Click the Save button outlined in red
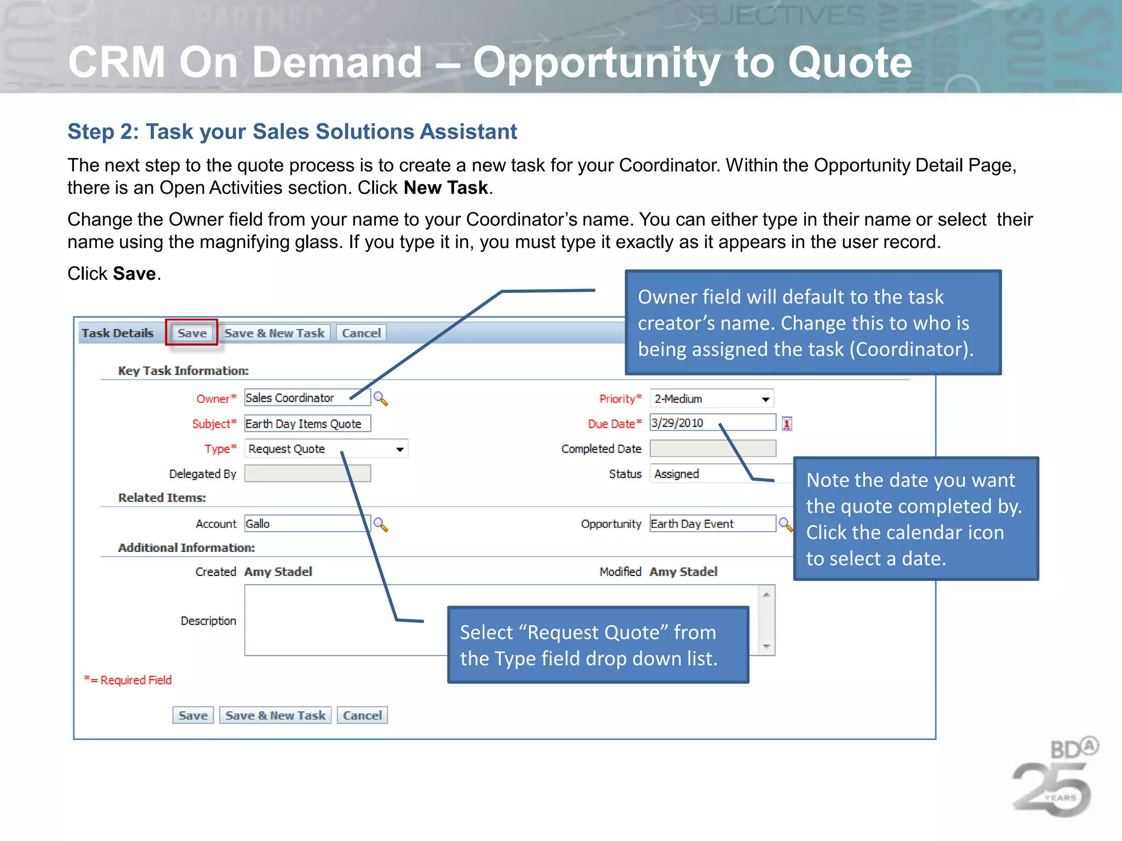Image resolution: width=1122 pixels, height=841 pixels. [192, 333]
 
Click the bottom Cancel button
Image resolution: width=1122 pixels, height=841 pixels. [362, 716]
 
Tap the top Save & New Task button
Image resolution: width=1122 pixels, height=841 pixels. [274, 333]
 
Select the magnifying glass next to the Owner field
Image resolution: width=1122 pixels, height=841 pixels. [380, 398]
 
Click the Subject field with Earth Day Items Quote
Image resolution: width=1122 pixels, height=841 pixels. [307, 424]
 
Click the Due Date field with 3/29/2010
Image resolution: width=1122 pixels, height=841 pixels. [712, 423]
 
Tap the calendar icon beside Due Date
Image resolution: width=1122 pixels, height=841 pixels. [787, 423]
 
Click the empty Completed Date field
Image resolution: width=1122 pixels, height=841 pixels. [712, 448]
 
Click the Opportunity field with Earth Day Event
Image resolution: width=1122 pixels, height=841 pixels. [712, 523]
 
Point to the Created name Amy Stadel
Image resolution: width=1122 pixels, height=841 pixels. [278, 572]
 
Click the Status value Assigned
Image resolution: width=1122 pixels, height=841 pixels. [677, 474]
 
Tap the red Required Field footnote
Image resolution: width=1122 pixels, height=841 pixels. [128, 680]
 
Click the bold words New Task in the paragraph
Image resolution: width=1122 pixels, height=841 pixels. [445, 188]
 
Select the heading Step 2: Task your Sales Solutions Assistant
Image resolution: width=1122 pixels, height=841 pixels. [292, 131]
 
